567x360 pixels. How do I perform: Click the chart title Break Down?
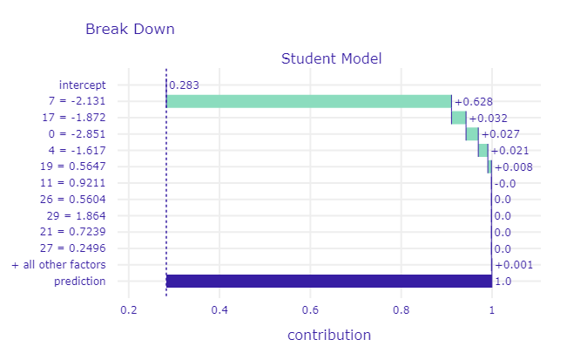coord(130,29)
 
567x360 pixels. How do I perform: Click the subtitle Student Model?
coord(331,59)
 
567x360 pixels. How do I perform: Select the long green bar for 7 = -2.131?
coord(308,101)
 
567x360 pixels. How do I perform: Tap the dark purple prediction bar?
coord(328,281)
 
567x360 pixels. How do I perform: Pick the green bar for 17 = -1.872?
coord(458,118)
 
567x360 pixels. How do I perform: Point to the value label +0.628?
coord(474,102)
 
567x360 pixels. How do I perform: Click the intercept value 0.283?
coord(183,85)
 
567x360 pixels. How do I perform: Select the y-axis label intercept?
coord(82,85)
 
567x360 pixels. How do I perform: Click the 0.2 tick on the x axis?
coord(128,310)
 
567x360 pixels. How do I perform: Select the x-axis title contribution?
coord(329,336)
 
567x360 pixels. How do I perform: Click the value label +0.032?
coord(488,118)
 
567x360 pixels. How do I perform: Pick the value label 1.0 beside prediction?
coord(503,282)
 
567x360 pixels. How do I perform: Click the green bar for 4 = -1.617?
coord(483,150)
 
